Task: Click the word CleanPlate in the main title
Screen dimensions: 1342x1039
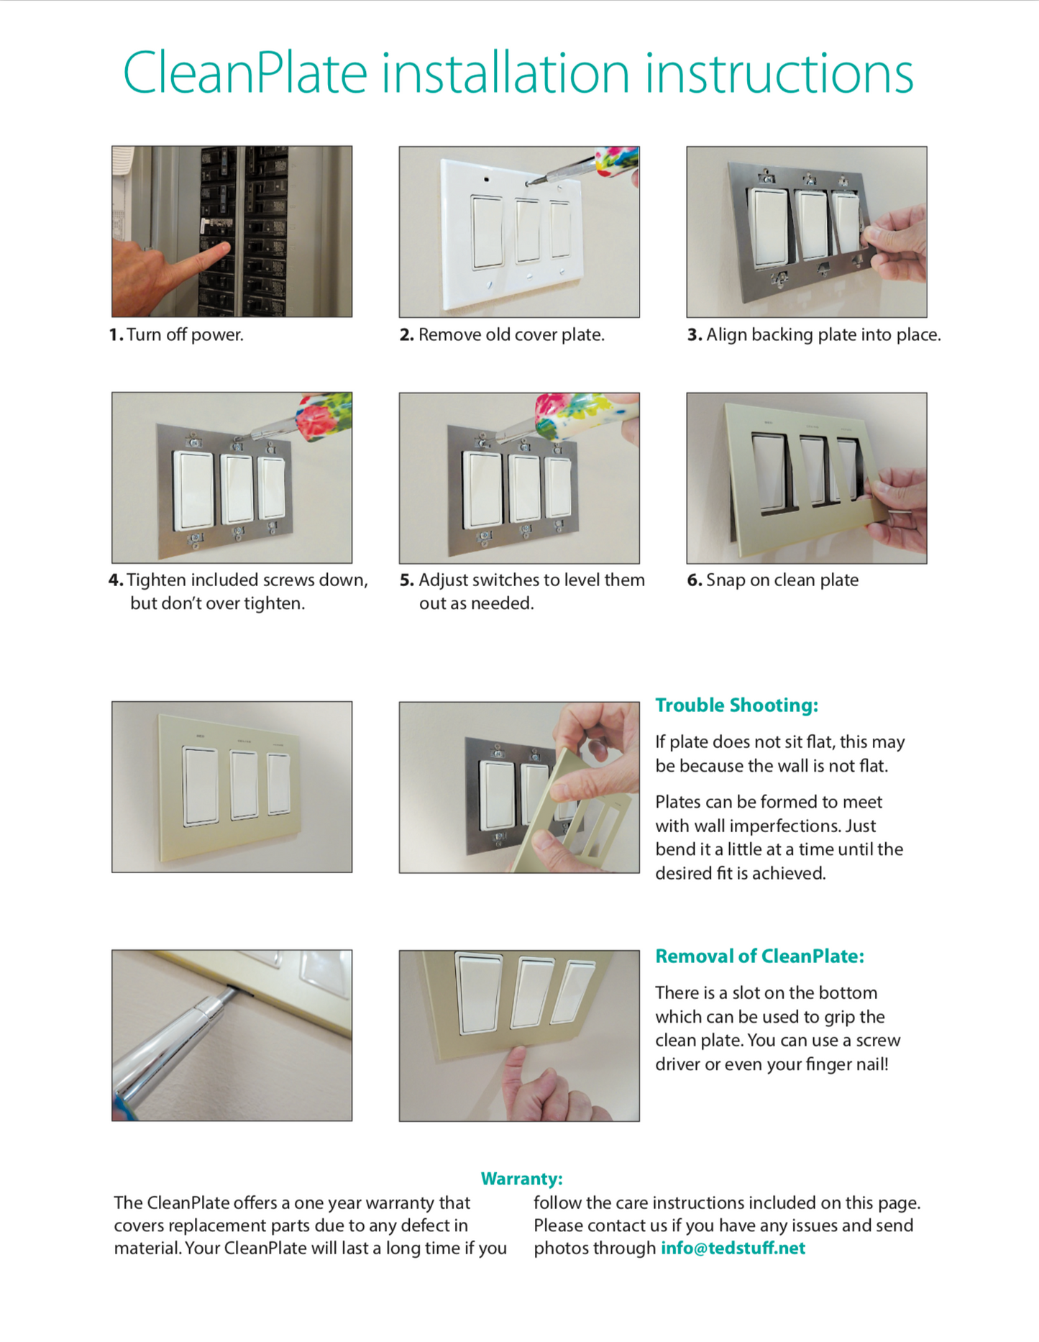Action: (244, 74)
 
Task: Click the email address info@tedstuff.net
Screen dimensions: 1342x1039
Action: (733, 1248)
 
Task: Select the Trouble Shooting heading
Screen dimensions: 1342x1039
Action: (736, 705)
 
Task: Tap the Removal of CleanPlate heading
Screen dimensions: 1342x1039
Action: (759, 956)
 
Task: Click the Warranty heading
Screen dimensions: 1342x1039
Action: (521, 1178)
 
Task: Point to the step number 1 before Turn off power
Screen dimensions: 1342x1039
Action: (115, 335)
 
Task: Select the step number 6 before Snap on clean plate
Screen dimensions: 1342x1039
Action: (693, 580)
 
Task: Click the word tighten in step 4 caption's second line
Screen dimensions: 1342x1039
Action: (274, 603)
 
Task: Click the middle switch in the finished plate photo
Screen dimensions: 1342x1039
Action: (244, 785)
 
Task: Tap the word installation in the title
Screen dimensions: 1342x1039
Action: (505, 74)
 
